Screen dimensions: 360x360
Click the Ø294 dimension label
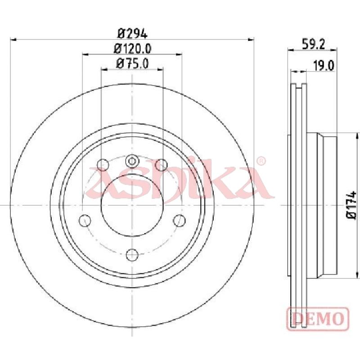pyautogui.click(x=132, y=34)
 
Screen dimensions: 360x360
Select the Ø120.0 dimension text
pyautogui.click(x=132, y=49)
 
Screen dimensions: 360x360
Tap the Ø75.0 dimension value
pyautogui.click(x=132, y=63)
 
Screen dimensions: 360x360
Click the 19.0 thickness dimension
pyautogui.click(x=324, y=66)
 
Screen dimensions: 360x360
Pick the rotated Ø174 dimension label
pyautogui.click(x=351, y=205)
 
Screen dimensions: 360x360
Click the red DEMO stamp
pyautogui.click(x=318, y=319)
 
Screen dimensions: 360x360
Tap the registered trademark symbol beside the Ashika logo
pyautogui.click(x=261, y=161)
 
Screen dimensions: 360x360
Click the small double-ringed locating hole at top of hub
pyautogui.click(x=132, y=161)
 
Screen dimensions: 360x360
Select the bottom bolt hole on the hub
pyautogui.click(x=132, y=255)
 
